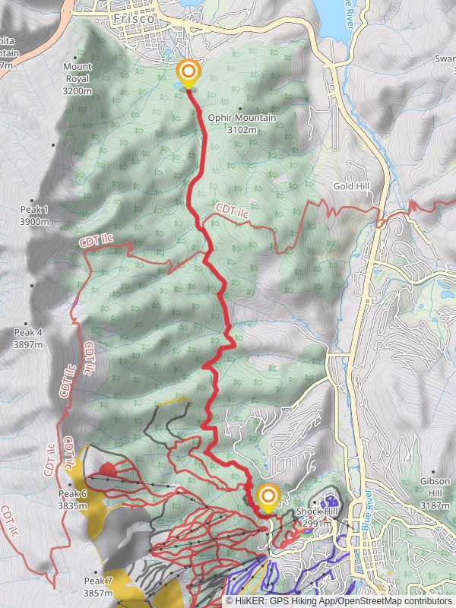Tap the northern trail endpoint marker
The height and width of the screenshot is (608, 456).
pos(188,73)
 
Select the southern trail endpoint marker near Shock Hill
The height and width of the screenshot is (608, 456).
pos(268,498)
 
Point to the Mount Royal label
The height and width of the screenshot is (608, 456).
pos(77,67)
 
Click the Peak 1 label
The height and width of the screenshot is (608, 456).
pos(35,209)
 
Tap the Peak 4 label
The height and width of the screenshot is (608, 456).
pos(28,333)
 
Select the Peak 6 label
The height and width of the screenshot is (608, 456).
pos(73,494)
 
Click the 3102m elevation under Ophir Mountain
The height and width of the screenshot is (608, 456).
pos(241,130)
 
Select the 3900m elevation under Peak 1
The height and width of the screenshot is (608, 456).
pos(35,221)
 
